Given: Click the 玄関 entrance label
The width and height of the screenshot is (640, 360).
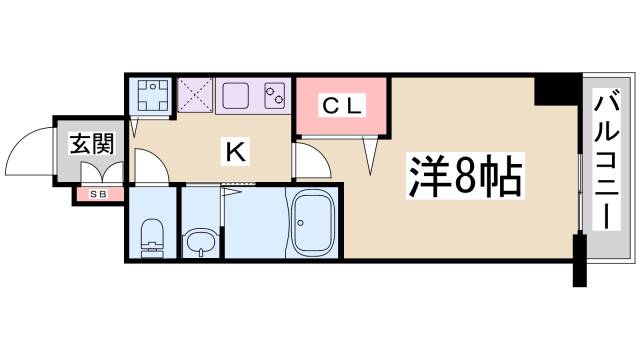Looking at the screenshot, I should (90, 143).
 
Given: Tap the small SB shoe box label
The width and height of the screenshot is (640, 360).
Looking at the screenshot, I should (99, 193).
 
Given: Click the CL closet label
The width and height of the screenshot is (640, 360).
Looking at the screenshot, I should (341, 104).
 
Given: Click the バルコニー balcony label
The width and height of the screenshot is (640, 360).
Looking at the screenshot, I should (605, 158).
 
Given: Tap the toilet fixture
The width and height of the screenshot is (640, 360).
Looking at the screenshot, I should (153, 238).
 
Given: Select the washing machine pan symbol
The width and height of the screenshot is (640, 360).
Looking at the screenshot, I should (154, 96).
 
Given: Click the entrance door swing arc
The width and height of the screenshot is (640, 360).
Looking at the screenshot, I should (30, 150).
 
